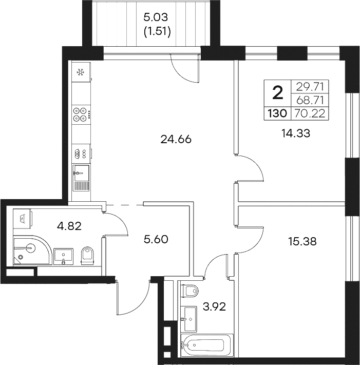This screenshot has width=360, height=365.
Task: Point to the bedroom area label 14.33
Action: coord(297,133)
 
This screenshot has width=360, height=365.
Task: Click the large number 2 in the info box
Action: coord(277,93)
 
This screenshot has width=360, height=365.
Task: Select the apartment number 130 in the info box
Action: coord(277,114)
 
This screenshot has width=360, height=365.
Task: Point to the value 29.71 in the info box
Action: coord(310,86)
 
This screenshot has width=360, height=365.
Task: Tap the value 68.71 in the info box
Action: coord(310,100)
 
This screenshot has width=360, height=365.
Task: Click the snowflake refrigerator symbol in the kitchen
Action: coord(80,72)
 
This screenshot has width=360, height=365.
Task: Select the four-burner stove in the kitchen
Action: coord(80,114)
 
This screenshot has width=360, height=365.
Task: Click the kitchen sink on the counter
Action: coord(81,174)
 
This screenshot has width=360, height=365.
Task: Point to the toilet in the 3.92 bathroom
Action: coord(190,291)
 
